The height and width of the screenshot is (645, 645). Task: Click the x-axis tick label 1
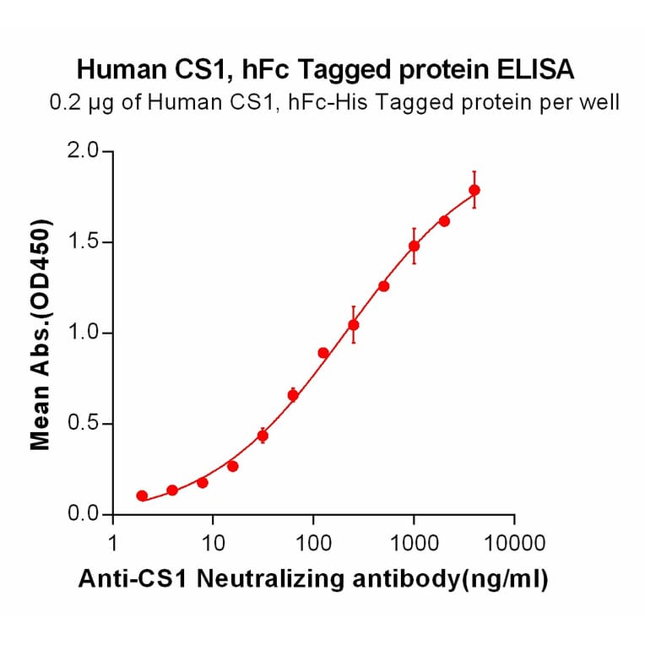point(113,542)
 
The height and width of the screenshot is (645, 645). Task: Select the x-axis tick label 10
point(213,542)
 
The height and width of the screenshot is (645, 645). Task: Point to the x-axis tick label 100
point(313,542)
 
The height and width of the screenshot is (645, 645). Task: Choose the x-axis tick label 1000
point(414,542)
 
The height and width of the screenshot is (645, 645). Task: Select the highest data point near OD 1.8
point(474,190)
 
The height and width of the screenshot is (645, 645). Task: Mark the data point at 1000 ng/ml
point(414,246)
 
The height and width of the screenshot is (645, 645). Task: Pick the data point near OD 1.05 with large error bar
point(354,324)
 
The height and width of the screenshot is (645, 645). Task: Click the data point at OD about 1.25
point(384,286)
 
